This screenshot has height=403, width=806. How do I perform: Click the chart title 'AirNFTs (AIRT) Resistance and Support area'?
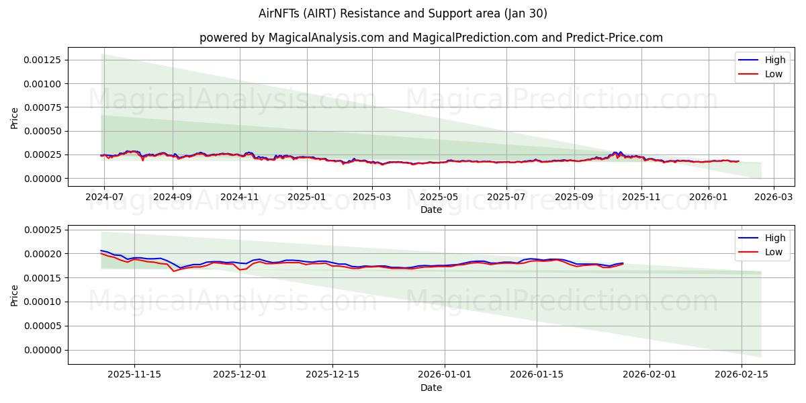tap(402, 13)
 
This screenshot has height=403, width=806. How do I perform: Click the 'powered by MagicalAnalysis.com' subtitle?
tap(431, 38)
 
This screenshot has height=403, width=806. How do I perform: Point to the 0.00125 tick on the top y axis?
tap(42, 60)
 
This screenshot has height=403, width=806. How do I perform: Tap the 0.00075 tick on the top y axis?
tap(42, 107)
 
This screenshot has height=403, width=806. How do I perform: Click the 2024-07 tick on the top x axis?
tap(104, 197)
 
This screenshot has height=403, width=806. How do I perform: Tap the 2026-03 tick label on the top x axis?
tap(774, 197)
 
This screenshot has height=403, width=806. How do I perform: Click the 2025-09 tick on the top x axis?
tap(574, 197)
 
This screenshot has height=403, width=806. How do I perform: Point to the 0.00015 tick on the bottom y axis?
tap(42, 278)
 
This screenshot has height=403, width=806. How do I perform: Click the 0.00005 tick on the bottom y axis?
tap(42, 326)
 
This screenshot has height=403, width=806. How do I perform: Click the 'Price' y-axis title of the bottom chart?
tap(15, 295)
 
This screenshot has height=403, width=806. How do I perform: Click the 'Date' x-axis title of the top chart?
tap(431, 210)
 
